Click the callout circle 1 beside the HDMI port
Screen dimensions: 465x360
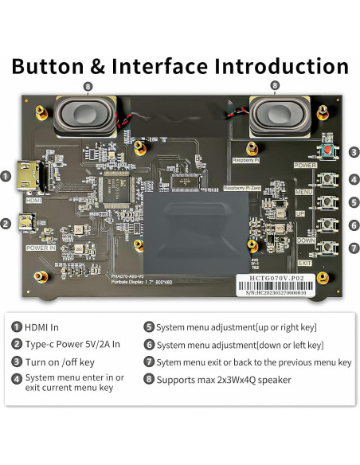point(6,176)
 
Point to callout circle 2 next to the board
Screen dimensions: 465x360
point(6,224)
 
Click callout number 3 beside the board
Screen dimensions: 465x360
point(353,152)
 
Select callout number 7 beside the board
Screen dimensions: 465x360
point(353,248)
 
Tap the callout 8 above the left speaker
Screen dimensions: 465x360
point(87,85)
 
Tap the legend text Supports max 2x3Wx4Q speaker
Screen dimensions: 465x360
point(223,380)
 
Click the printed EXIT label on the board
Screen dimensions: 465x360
point(305,263)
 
